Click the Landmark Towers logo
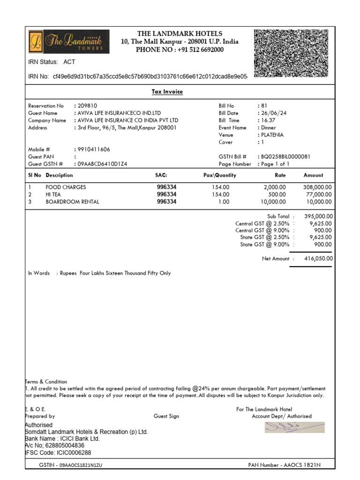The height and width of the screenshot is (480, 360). point(69,42)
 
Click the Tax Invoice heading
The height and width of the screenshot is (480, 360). point(167,92)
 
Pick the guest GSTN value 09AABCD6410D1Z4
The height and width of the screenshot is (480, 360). point(102,164)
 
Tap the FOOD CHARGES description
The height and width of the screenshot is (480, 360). point(66,187)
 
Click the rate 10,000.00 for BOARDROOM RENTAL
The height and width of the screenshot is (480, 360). point(273,202)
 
